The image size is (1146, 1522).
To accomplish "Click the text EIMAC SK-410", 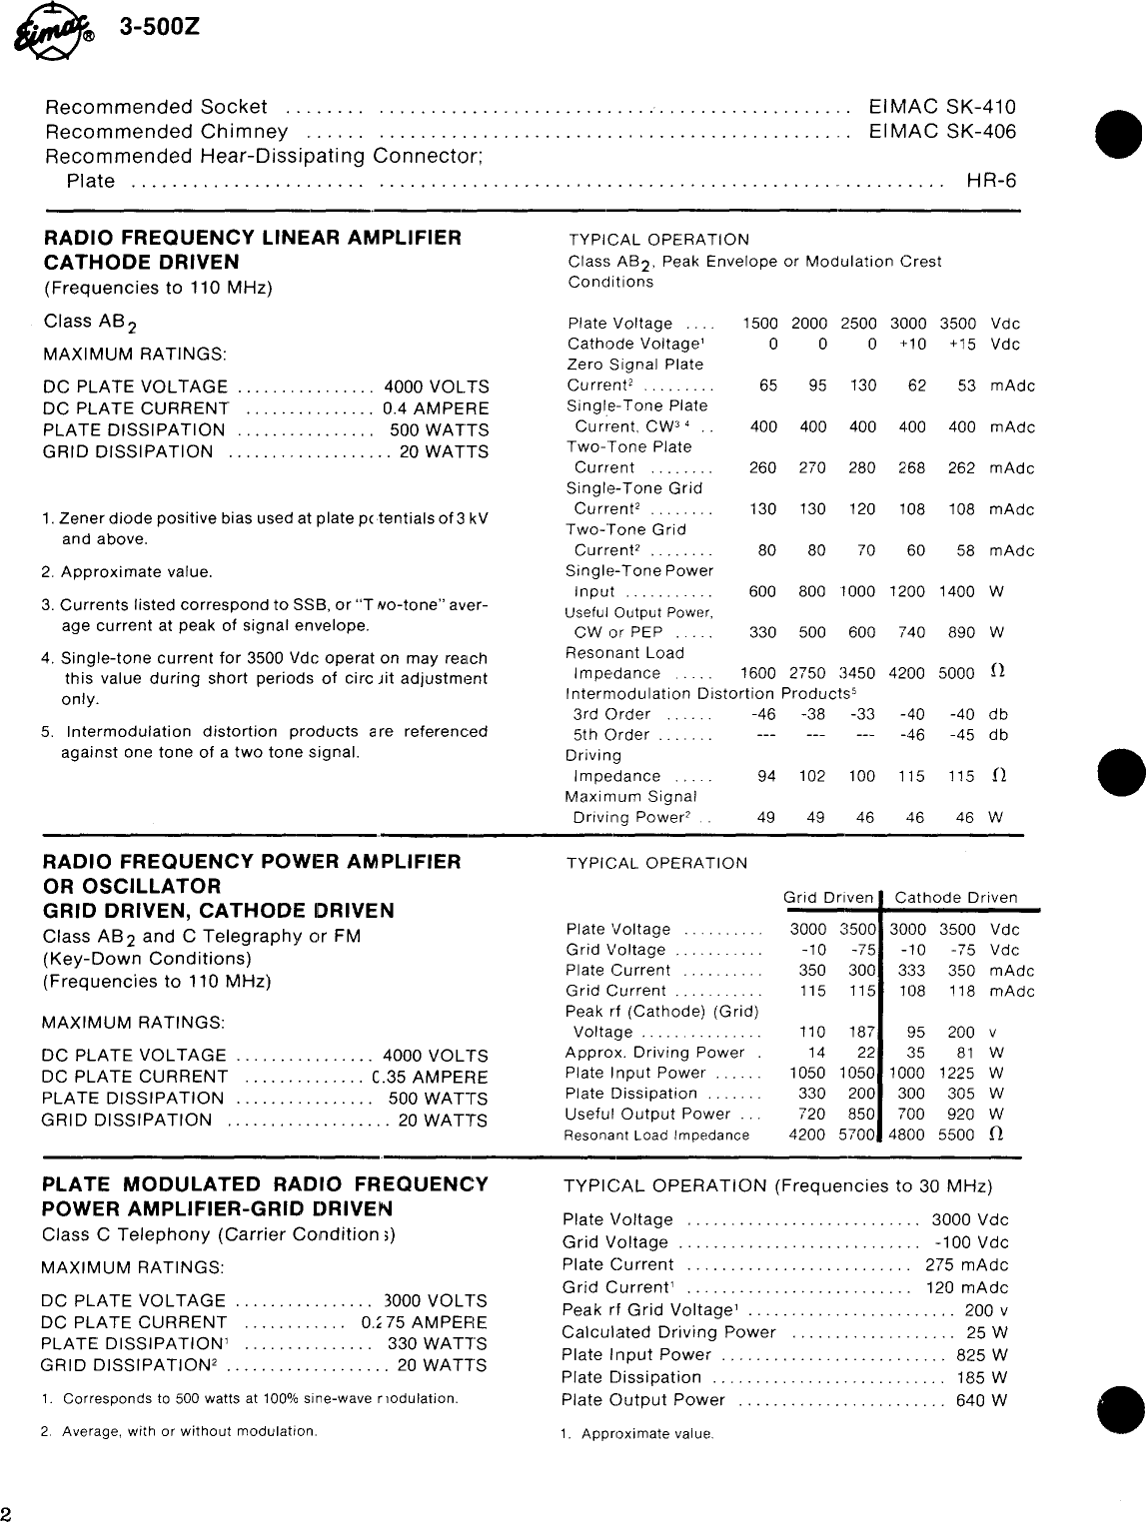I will click(x=942, y=108).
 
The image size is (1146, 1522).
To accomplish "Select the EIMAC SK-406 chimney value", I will click(x=942, y=132).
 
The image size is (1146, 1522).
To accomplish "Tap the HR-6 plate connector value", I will click(x=991, y=181).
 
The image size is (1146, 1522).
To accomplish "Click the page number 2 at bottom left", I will click(x=7, y=1510).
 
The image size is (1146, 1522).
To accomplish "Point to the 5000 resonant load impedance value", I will click(x=956, y=673).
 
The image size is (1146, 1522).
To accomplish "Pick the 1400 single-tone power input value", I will click(x=956, y=591).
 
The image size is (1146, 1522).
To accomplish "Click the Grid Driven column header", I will click(x=828, y=898).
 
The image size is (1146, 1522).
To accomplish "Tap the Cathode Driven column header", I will click(x=955, y=898).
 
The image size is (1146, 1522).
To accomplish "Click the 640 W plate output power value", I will click(x=981, y=1400).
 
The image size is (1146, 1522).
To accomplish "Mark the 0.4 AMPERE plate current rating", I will click(x=436, y=408).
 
